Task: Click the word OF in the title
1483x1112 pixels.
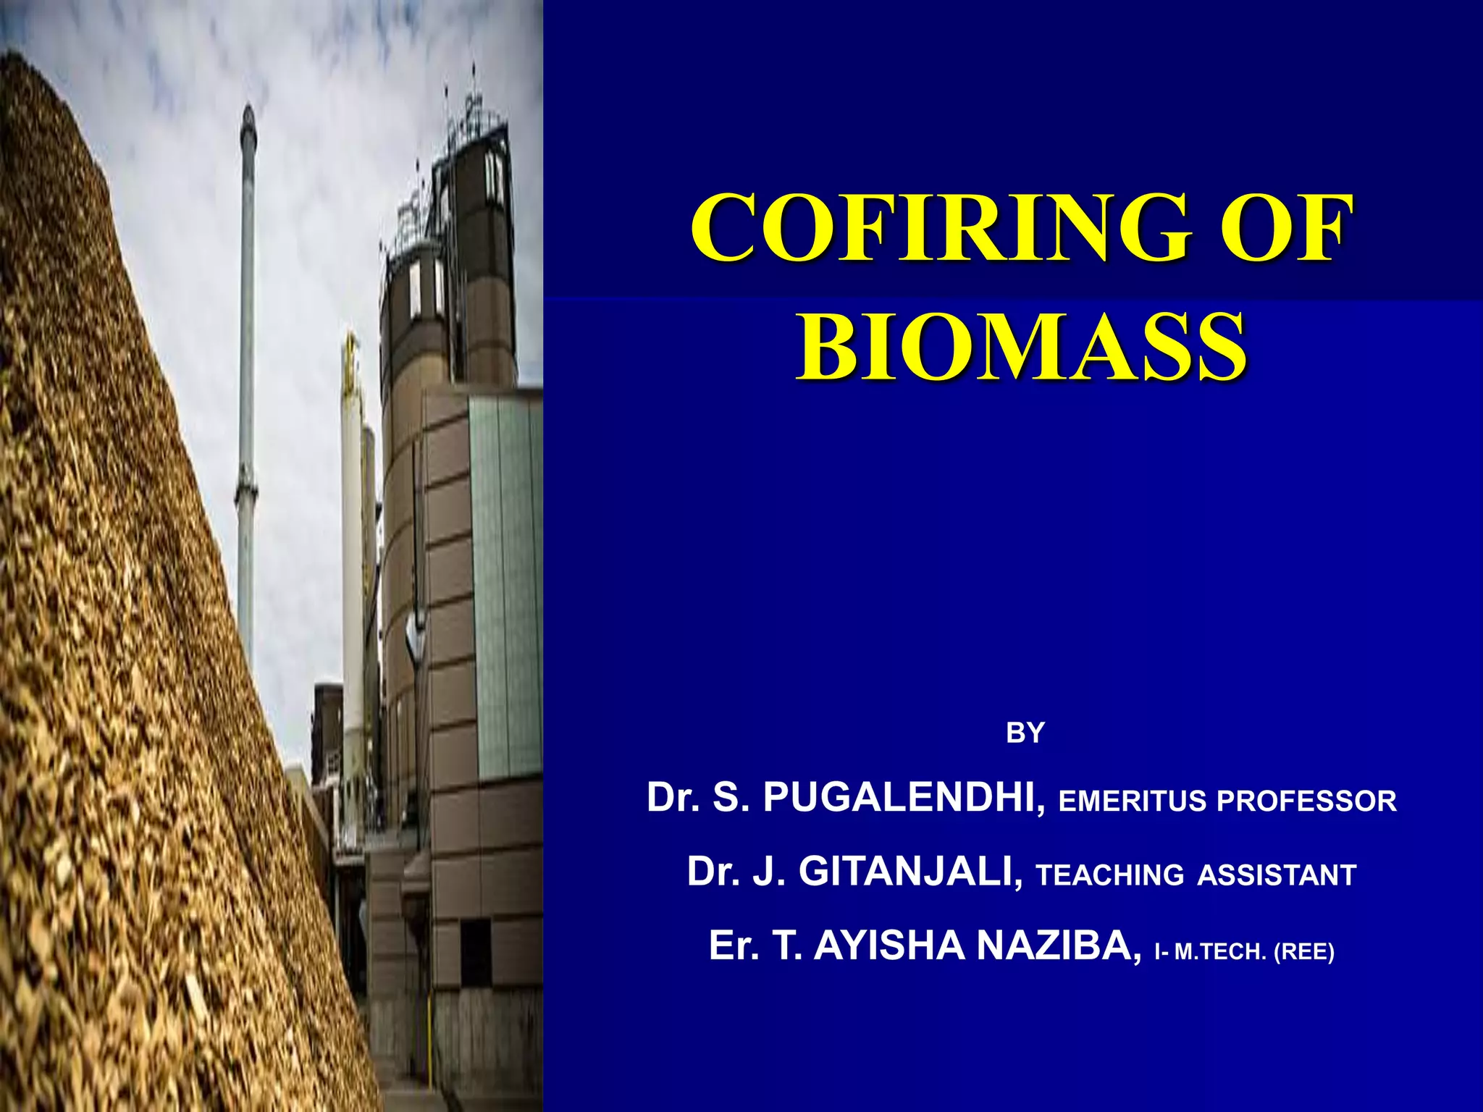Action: tap(1286, 229)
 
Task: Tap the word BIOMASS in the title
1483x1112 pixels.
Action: tap(1022, 347)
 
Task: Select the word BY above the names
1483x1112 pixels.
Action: tap(1025, 734)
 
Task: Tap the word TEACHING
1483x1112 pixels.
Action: tap(1109, 875)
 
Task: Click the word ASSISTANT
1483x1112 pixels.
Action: tap(1276, 875)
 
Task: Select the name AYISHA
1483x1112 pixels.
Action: tap(889, 945)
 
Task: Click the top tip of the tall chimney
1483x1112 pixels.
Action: tap(248, 109)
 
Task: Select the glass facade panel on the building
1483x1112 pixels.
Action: tap(505, 579)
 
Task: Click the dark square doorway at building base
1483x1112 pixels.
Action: tap(476, 952)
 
